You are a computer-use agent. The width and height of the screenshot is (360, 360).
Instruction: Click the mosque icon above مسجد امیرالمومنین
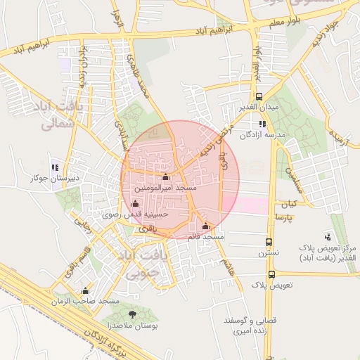pyautogui.click(x=165, y=177)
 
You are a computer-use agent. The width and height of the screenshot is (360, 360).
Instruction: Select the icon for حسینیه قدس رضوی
pyautogui.click(x=135, y=204)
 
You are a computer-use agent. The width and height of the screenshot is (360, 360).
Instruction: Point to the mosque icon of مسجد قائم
pyautogui.click(x=205, y=226)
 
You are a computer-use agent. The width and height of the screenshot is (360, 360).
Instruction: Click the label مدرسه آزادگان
pyautogui.click(x=262, y=134)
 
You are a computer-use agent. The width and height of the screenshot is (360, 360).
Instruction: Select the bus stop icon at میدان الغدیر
pyautogui.click(x=259, y=96)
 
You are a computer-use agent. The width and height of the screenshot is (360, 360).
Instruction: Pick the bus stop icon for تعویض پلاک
pyautogui.click(x=271, y=275)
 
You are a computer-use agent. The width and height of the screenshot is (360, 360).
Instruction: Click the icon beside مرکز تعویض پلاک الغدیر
pyautogui.click(x=328, y=237)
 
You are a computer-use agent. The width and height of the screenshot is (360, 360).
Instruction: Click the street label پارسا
pyautogui.click(x=295, y=218)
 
